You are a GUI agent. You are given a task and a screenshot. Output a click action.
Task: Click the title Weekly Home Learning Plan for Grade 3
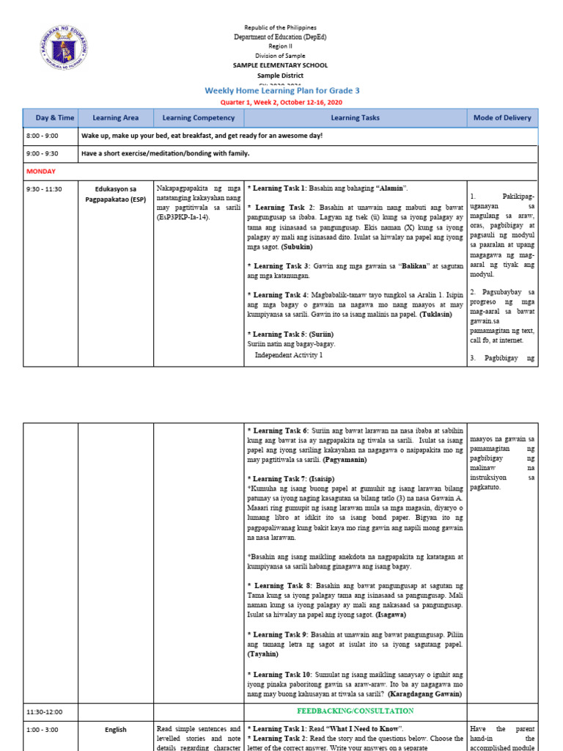click(x=282, y=90)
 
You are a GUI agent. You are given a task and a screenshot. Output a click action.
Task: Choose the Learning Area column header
click(x=115, y=117)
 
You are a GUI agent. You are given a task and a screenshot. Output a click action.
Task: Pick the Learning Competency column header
click(x=198, y=117)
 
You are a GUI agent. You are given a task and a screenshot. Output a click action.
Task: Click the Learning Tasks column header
click(x=356, y=117)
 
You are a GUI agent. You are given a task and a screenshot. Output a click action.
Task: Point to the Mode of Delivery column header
click(x=502, y=117)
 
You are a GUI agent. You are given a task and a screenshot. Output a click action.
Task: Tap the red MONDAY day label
click(x=41, y=171)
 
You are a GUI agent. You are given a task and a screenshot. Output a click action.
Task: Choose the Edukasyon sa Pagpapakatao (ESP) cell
click(x=115, y=194)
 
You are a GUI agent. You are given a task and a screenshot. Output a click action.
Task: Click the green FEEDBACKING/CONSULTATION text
click(x=355, y=711)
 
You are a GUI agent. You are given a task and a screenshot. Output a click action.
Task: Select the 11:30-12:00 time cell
click(x=46, y=711)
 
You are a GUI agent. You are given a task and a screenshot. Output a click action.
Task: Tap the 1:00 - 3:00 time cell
click(x=43, y=730)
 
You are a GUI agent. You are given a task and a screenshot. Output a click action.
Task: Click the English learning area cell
click(x=115, y=730)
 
